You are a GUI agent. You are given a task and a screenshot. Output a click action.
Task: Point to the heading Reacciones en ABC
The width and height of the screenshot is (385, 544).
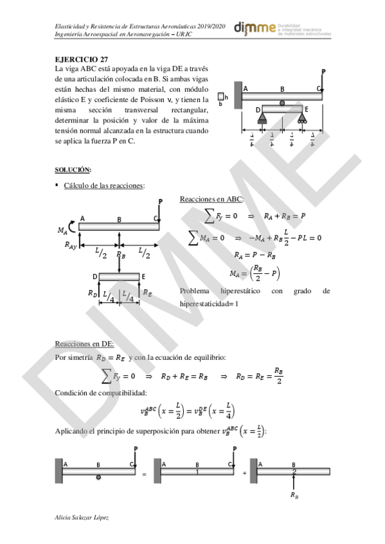[211, 200]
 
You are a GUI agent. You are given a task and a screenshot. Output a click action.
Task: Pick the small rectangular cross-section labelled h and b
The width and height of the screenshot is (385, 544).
[222, 98]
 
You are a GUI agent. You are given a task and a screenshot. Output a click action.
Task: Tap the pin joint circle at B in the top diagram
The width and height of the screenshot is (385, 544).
[282, 103]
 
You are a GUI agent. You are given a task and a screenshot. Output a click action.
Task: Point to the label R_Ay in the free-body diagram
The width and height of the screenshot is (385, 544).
[71, 244]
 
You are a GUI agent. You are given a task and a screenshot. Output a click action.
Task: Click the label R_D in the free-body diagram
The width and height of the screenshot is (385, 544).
[92, 293]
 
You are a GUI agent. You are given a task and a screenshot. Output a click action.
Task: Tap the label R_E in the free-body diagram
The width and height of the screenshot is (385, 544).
[147, 293]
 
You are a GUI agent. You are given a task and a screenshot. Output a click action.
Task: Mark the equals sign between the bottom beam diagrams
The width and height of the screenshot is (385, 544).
[144, 474]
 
